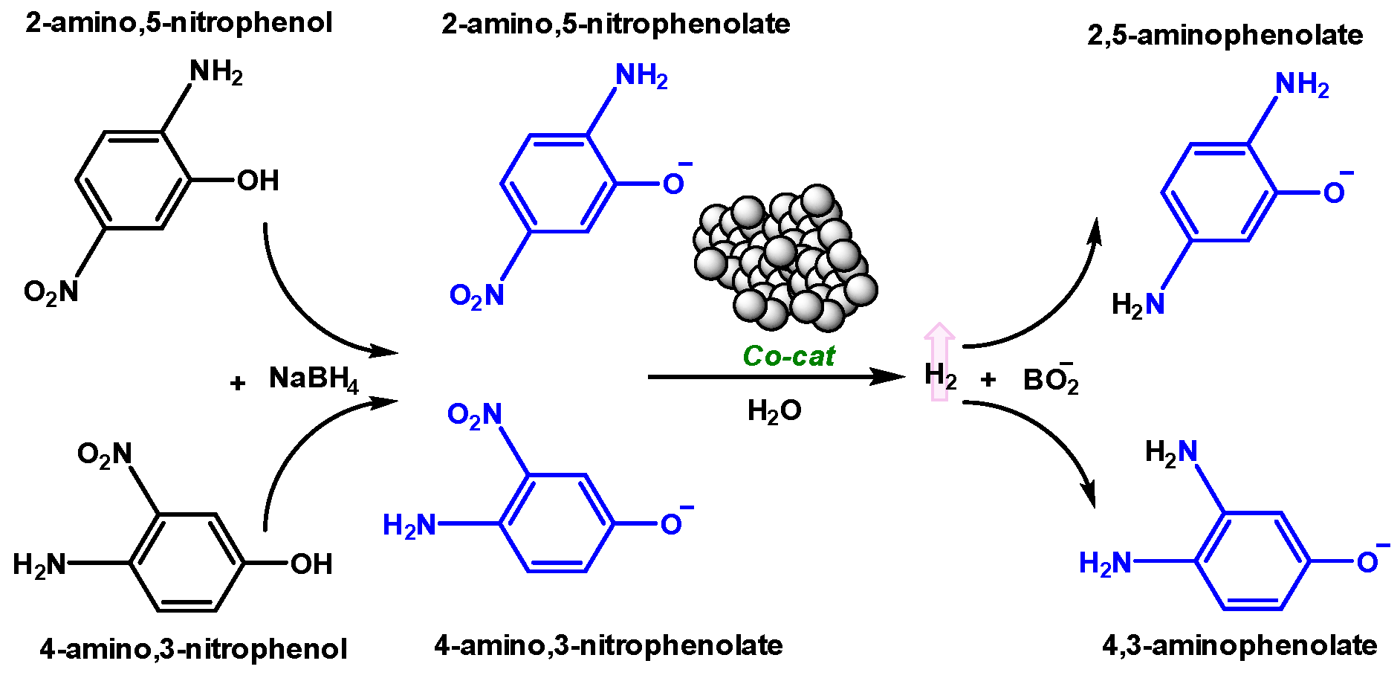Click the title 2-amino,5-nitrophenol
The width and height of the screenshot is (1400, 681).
[178, 22]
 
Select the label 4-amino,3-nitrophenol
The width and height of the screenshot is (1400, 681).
[193, 649]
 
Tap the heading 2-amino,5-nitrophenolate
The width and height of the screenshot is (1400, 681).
[615, 24]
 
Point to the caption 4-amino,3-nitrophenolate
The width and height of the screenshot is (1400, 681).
[608, 645]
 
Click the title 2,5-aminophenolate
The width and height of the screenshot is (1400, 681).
[1225, 35]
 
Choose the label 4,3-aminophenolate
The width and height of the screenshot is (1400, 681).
[1239, 645]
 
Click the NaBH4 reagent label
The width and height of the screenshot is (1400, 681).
[314, 379]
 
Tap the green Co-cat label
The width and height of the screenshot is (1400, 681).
[788, 356]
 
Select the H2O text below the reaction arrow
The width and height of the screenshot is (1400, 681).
[774, 410]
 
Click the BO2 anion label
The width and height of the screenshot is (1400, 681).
[1050, 380]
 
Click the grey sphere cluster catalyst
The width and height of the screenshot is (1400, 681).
[785, 257]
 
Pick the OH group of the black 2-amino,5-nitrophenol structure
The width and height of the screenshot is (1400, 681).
[257, 181]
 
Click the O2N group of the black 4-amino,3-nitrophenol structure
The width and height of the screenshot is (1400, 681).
[105, 454]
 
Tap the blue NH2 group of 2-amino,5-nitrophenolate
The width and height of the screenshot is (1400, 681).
[641, 76]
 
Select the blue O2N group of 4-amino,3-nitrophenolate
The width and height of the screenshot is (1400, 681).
[475, 415]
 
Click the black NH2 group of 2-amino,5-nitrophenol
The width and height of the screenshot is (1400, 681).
[216, 72]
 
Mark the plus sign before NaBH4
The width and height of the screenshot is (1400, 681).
[237, 384]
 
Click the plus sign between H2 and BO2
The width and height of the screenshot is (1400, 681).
[988, 380]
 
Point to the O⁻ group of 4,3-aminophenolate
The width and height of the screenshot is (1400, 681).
[1370, 561]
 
